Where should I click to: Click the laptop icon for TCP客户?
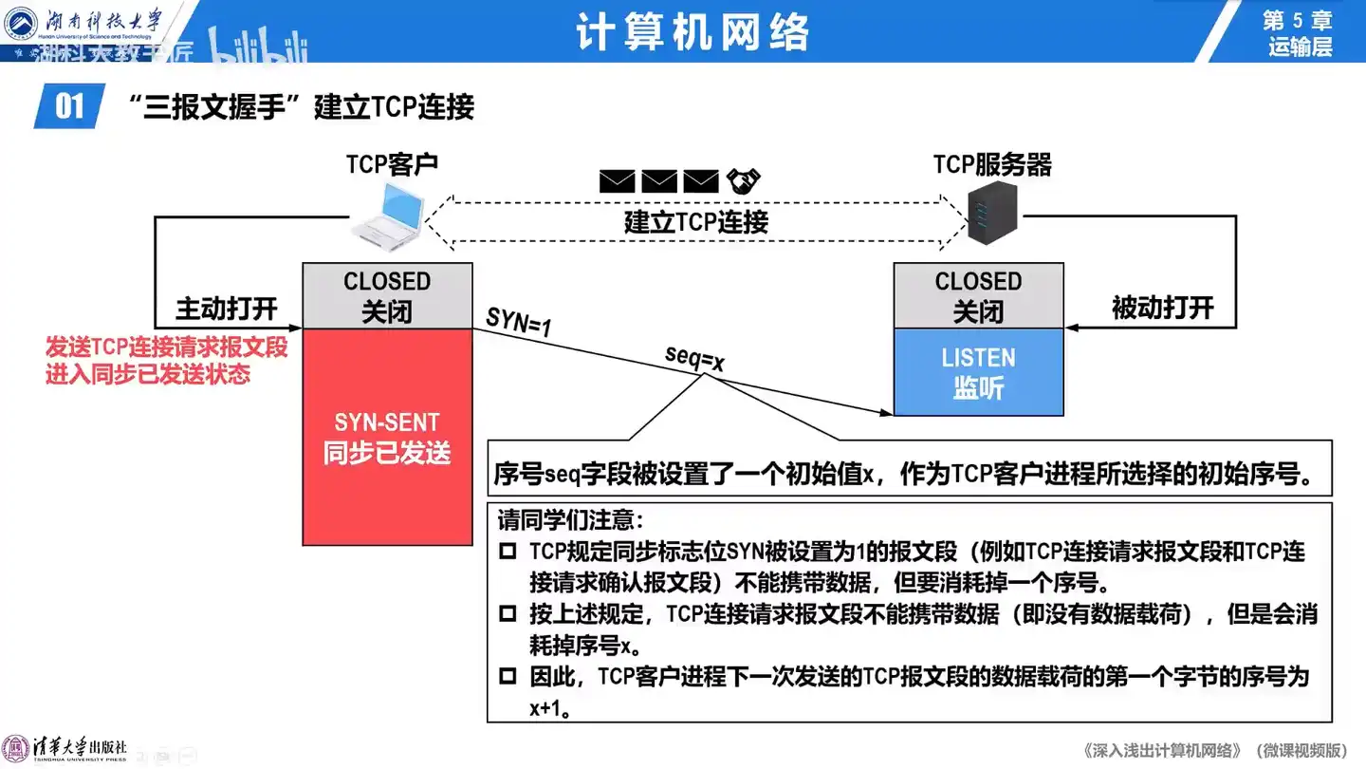pos(388,215)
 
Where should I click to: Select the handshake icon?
pos(744,179)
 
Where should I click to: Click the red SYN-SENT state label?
pos(387,438)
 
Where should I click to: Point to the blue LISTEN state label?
pos(978,372)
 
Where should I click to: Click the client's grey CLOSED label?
pos(387,295)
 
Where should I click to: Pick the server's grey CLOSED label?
pos(978,295)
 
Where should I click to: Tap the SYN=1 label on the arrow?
pos(518,323)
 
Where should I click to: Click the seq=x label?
pos(694,358)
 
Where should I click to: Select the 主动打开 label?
pos(227,309)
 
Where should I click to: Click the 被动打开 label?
pos(1162,308)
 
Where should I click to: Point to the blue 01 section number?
pos(69,105)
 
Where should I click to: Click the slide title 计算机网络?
pos(692,32)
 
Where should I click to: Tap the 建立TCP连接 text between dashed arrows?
pos(695,222)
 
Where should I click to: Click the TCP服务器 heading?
pos(992,164)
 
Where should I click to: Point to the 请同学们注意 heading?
pos(571,519)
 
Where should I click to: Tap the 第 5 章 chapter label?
pos(1299,20)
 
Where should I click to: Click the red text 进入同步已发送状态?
pos(148,374)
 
